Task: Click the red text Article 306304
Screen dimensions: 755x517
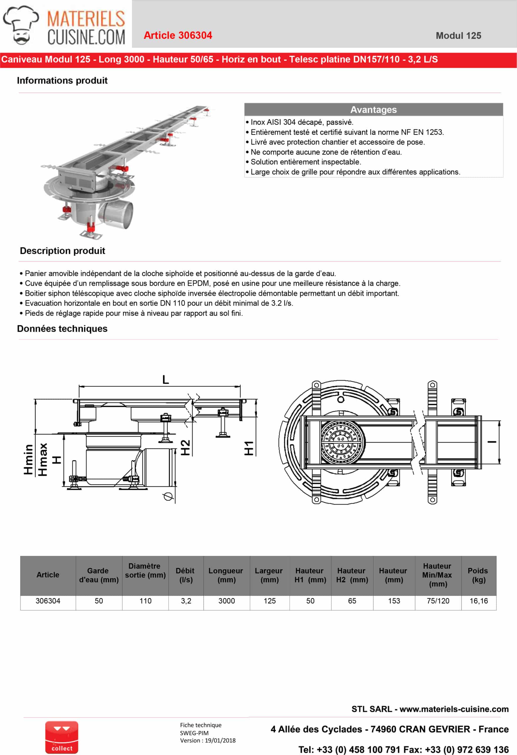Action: [178, 35]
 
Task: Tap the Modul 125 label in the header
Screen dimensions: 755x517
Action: [458, 36]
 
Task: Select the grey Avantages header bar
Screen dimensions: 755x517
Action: [373, 109]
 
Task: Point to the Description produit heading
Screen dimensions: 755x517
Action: [62, 251]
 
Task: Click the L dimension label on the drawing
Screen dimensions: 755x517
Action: [166, 380]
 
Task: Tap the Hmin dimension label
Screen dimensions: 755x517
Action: [28, 459]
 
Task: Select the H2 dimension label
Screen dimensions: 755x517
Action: [185, 447]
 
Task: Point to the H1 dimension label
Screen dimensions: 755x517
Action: [249, 448]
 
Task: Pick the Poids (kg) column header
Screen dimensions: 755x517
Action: [478, 575]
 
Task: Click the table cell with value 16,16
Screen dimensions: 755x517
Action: [479, 601]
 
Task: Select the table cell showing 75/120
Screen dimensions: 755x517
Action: [438, 601]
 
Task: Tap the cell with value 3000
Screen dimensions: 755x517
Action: [227, 601]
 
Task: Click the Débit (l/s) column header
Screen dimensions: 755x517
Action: [186, 575]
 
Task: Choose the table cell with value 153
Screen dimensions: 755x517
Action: [394, 601]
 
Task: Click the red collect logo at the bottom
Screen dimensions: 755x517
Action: [62, 737]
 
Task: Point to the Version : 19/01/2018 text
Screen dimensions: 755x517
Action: [208, 740]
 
